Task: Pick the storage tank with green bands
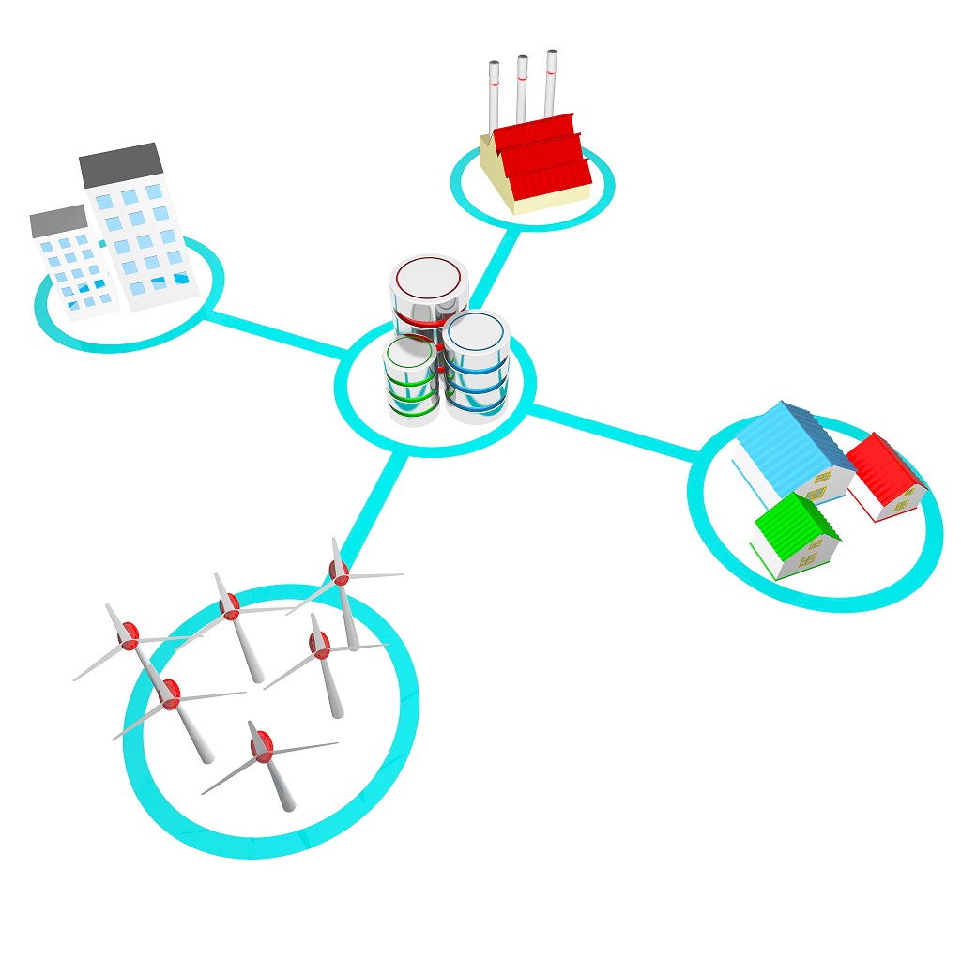click(x=410, y=380)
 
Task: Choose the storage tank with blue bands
click(x=476, y=366)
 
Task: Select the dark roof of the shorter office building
click(x=58, y=221)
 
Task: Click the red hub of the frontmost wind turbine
click(x=262, y=746)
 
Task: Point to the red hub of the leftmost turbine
click(x=129, y=635)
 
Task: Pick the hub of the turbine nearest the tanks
click(x=340, y=572)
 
